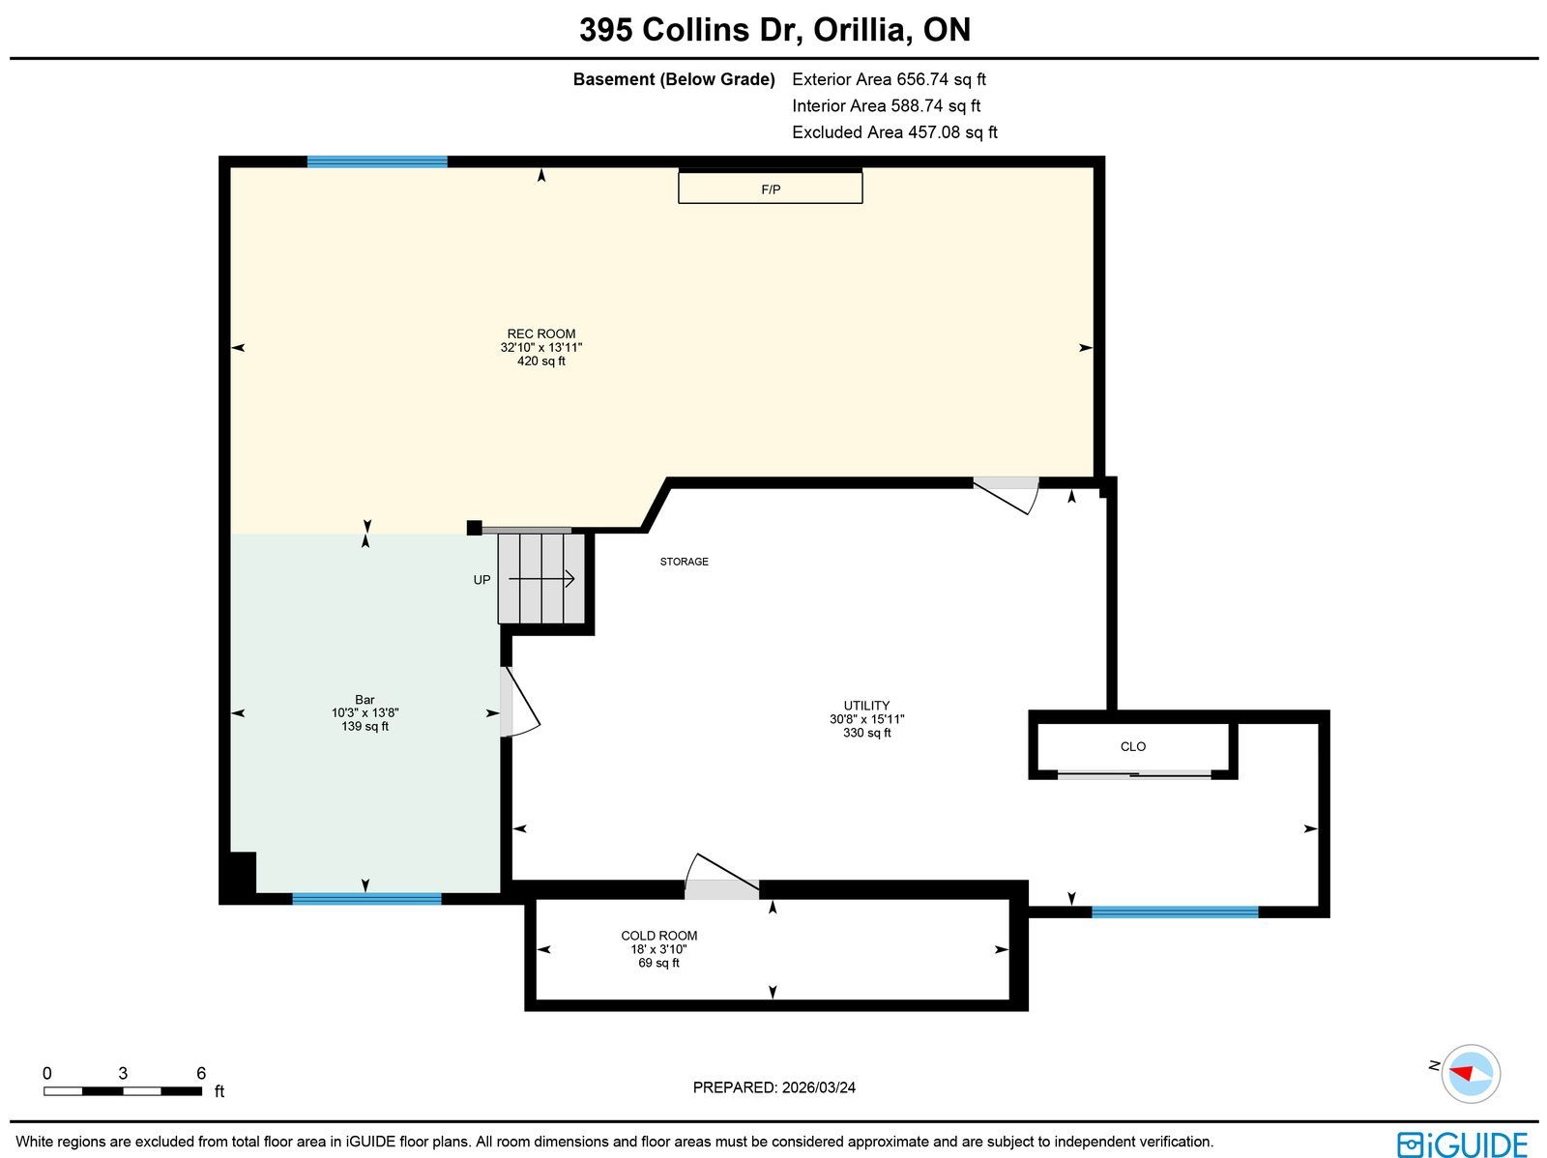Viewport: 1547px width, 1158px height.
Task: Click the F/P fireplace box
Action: tap(770, 188)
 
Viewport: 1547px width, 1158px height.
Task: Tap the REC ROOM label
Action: tap(541, 333)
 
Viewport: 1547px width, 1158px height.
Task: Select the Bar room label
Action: tap(365, 700)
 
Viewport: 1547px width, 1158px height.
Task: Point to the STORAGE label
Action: tap(684, 562)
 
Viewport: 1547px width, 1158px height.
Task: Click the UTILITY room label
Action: tap(866, 705)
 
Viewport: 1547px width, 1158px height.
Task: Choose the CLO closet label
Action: tap(1132, 746)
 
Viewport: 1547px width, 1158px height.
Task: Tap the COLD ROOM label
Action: tap(658, 936)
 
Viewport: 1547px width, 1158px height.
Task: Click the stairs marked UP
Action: tap(541, 579)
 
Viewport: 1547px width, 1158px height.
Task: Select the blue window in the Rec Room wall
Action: tap(377, 162)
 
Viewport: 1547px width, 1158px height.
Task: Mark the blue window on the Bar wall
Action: tap(366, 898)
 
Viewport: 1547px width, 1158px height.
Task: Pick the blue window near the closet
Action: tap(1175, 912)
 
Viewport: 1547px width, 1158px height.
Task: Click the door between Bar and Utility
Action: tap(519, 703)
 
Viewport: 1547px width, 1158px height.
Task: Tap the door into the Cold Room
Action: tap(721, 877)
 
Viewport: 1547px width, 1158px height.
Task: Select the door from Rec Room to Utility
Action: tap(1006, 495)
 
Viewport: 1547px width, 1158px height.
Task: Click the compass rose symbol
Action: tap(1471, 1074)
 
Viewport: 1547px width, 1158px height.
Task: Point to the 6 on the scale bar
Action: tap(201, 1073)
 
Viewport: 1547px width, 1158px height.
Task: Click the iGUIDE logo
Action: tap(1462, 1144)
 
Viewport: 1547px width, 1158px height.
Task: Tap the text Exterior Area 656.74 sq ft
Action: tap(889, 79)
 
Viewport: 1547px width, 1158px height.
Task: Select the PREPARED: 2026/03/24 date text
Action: tap(773, 1087)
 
